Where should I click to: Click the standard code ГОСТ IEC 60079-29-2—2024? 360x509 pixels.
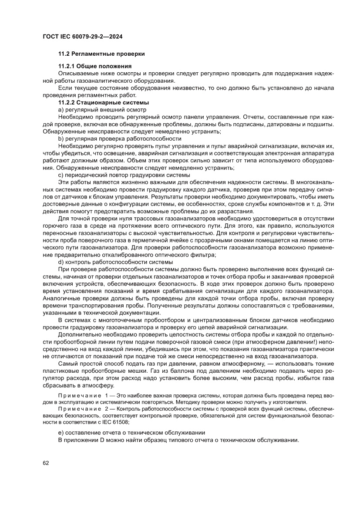point(82,37)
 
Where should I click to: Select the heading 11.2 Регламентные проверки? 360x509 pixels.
point(101,54)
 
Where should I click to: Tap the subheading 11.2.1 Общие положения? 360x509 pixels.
point(95,66)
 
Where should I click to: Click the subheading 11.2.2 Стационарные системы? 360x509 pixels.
point(104,103)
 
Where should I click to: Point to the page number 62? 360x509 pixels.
point(46,462)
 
